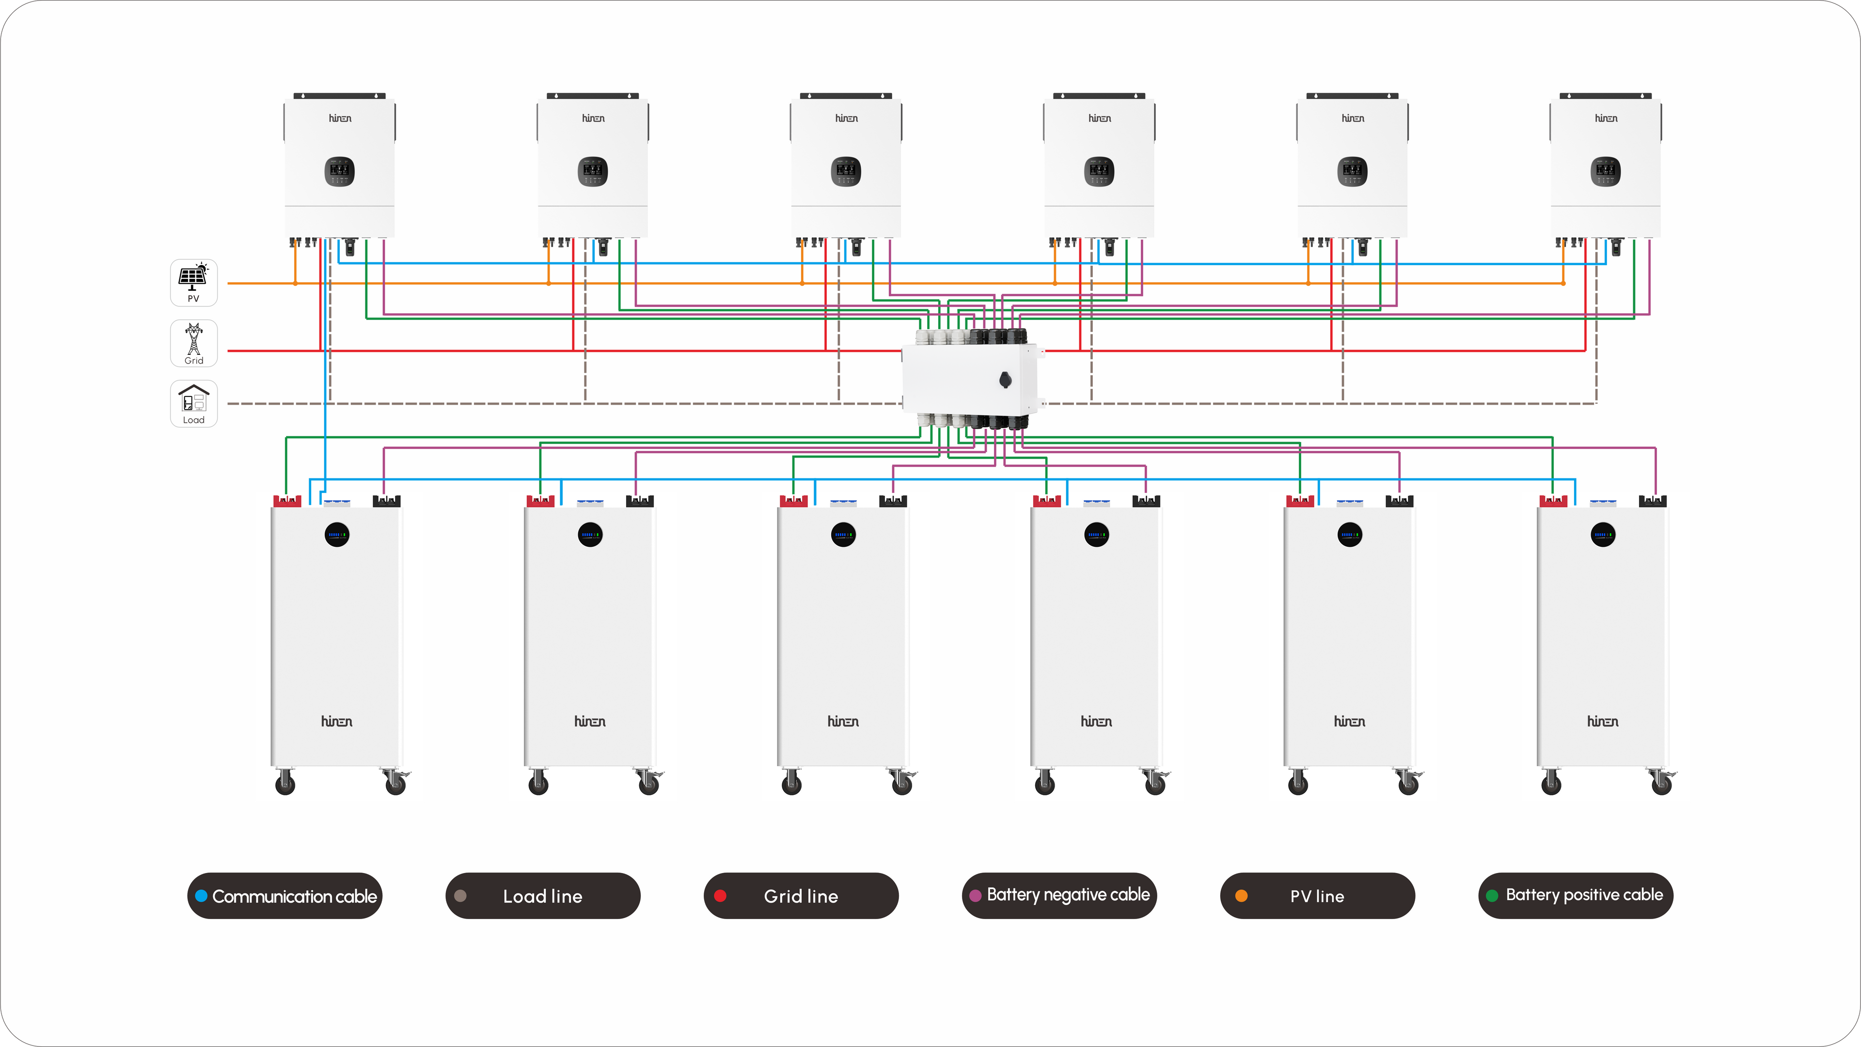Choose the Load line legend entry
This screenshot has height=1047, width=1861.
[x=543, y=896]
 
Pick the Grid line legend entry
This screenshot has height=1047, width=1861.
[x=801, y=896]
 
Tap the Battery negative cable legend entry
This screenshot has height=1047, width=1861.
[x=1059, y=896]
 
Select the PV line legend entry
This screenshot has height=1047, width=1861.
[x=1317, y=896]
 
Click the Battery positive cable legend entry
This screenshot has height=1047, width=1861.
[x=1576, y=896]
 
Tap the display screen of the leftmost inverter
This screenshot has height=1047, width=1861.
[x=340, y=171]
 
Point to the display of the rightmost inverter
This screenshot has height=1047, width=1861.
[x=1606, y=171]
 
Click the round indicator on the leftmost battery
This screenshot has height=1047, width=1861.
[x=337, y=535]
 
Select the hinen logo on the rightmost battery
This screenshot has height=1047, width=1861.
[x=1602, y=721]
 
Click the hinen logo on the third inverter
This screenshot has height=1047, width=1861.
[x=846, y=118]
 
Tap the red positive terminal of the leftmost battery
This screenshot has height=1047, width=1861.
[x=287, y=501]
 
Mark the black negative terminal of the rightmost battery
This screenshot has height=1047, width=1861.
[x=1652, y=501]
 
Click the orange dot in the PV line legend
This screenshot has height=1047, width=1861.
[x=1241, y=896]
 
